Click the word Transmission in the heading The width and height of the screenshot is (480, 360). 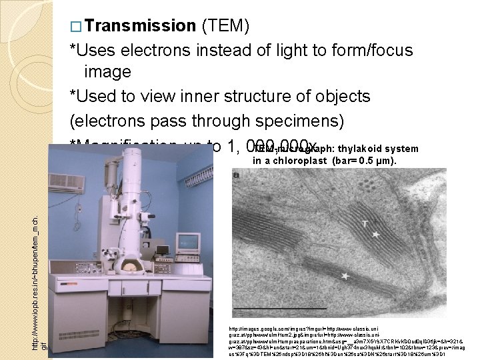pyautogui.click(x=139, y=26)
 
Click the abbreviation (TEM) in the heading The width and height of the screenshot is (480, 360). pyautogui.click(x=224, y=26)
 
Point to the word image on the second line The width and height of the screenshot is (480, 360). pyautogui.click(x=107, y=72)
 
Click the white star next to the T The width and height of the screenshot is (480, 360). pyautogui.click(x=377, y=235)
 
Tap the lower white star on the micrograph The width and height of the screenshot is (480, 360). pyautogui.click(x=345, y=276)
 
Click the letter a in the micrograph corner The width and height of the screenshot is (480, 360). pyautogui.click(x=236, y=174)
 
